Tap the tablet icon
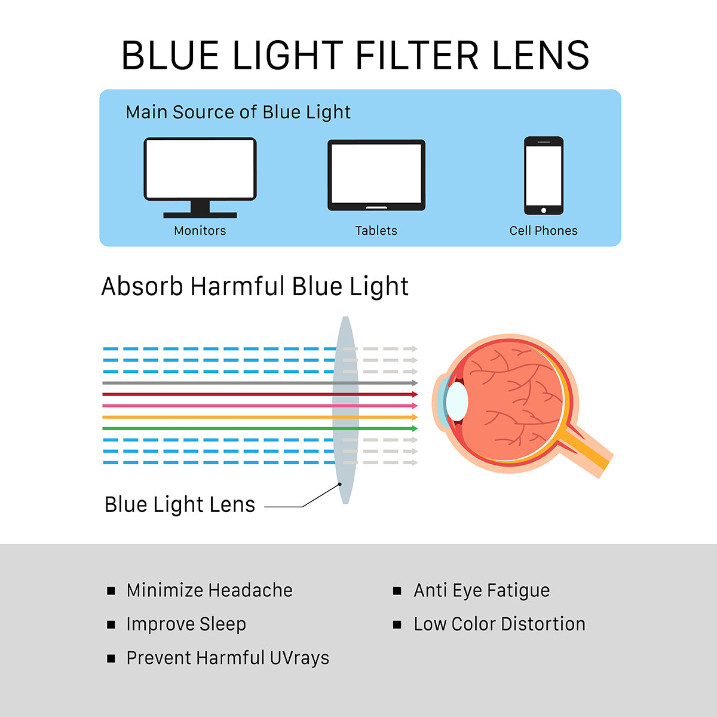(376, 174)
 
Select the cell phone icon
(543, 175)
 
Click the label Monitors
(200, 231)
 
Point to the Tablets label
(376, 231)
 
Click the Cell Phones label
(543, 231)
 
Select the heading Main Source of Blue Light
(238, 112)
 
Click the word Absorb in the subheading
(142, 287)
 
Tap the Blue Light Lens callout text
(180, 505)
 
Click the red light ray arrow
(257, 394)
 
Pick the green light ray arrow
(257, 428)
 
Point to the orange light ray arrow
(257, 417)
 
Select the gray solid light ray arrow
(257, 383)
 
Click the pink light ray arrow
(257, 406)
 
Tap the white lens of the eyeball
(457, 401)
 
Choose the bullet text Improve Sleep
(186, 624)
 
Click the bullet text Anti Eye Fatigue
(481, 590)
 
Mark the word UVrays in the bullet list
(299, 658)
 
